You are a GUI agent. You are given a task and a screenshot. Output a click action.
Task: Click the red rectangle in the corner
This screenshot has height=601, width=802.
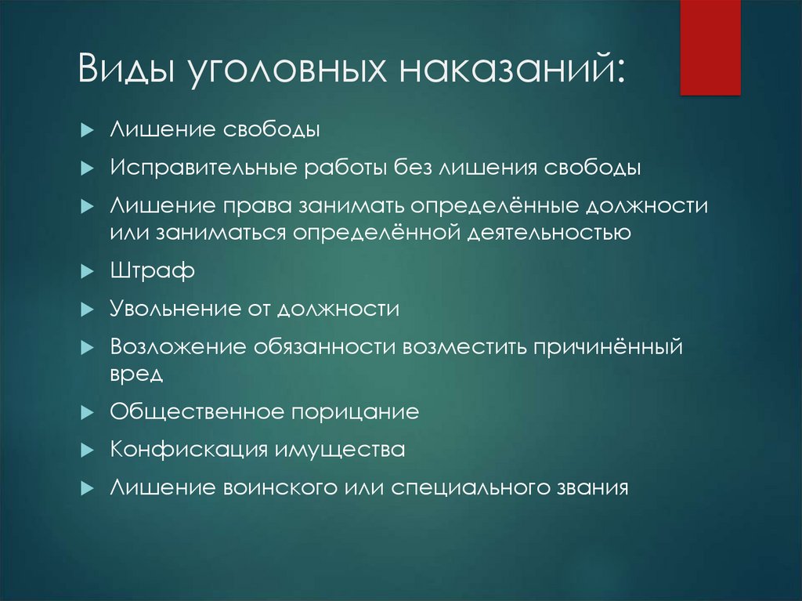[710, 48]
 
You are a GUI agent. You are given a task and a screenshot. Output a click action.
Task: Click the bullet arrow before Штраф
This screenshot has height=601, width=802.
[88, 271]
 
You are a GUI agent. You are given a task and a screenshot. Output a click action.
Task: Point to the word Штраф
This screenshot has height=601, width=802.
[153, 270]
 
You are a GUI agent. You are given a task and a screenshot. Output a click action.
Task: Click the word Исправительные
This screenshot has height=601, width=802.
[204, 168]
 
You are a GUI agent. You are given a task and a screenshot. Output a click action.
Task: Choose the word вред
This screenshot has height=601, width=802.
[136, 374]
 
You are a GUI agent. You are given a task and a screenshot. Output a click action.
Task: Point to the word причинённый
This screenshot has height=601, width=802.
[609, 346]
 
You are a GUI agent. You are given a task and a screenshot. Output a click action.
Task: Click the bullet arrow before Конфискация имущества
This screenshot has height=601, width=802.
[88, 451]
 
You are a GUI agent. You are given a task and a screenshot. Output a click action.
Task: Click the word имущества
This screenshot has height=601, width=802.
[340, 451]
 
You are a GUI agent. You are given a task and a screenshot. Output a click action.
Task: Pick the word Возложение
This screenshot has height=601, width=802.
[178, 346]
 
